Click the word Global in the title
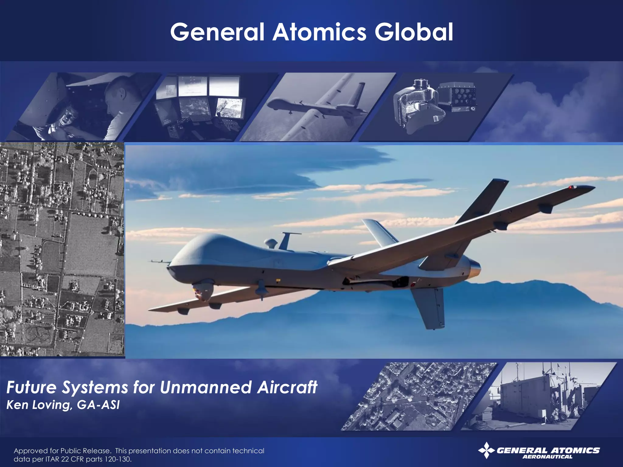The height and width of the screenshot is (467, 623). tap(414, 32)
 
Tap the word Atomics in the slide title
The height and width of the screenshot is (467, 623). tap(319, 32)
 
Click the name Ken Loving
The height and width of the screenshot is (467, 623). tap(39, 405)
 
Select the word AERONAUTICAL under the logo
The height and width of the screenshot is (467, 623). tap(547, 457)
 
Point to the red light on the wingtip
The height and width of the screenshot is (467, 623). tap(571, 187)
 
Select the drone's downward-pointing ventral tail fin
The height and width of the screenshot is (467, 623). tap(429, 307)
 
